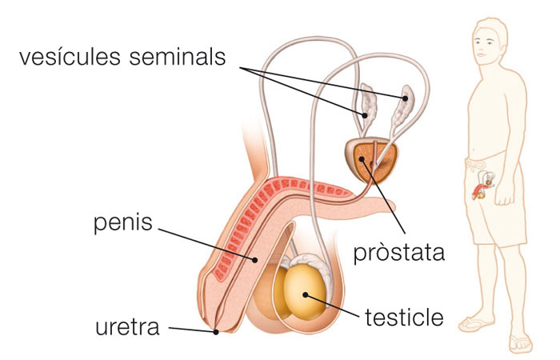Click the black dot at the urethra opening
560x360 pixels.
pyautogui.click(x=217, y=331)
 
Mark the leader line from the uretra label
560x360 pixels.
pyautogui.click(x=192, y=329)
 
